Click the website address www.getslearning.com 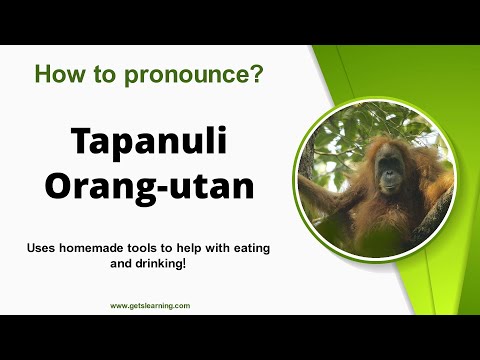150,306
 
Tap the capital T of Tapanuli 81,142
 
